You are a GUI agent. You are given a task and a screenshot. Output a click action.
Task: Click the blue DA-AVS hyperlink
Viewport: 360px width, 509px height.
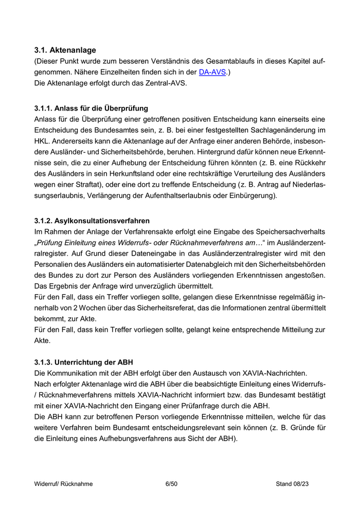pos(212,73)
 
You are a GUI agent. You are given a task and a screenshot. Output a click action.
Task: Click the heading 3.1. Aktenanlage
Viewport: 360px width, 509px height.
pos(65,50)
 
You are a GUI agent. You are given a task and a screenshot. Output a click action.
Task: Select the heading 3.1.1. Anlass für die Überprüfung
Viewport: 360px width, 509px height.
pos(91,108)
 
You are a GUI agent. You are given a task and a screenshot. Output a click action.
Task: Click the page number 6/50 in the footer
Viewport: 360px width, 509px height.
pos(171,484)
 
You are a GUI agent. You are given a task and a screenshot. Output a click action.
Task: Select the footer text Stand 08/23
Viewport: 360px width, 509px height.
pos(292,484)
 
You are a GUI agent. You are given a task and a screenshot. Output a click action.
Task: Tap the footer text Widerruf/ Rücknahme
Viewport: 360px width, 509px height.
pos(64,484)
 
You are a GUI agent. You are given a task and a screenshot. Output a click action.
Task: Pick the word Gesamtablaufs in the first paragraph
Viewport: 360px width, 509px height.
pos(215,62)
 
